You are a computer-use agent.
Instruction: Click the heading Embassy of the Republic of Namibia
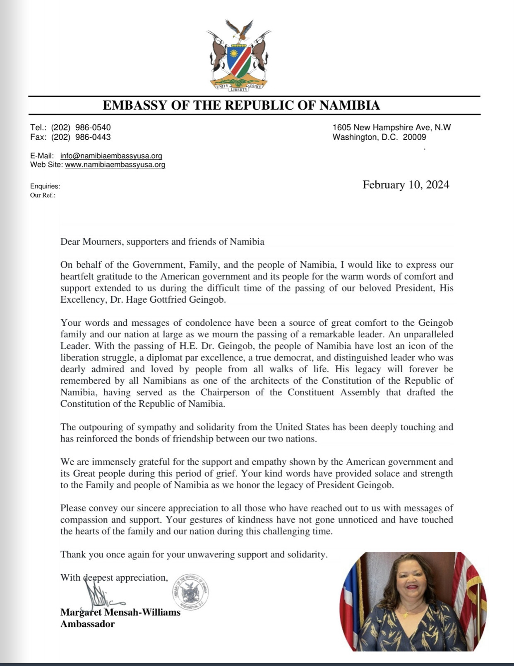(241, 105)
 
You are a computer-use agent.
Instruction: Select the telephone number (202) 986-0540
(81, 128)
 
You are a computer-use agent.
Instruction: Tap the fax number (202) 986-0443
(81, 137)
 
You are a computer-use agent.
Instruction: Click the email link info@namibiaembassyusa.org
(111, 156)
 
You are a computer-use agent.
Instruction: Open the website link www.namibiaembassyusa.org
(115, 165)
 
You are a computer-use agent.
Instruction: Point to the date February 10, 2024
(406, 184)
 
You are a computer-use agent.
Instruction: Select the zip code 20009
(414, 137)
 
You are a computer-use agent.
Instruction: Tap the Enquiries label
(45, 186)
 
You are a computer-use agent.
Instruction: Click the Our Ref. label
(43, 195)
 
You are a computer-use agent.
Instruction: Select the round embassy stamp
(190, 592)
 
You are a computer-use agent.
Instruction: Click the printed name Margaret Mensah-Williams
(120, 612)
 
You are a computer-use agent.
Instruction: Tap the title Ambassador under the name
(87, 624)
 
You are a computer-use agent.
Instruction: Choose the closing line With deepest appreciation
(114, 578)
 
